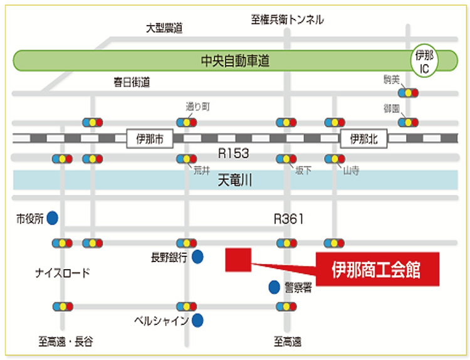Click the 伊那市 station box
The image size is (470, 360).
150,139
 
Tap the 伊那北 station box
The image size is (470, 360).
363,139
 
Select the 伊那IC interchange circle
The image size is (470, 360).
424,61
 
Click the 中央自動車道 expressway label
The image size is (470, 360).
235,61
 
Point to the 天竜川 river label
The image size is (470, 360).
235,180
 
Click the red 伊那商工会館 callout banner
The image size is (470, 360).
378,269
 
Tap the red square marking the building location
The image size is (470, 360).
238,260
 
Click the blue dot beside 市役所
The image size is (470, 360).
53,218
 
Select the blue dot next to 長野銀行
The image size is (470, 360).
197,257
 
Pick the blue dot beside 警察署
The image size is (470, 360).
274,287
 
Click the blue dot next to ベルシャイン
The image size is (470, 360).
197,320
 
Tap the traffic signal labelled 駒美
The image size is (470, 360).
408,93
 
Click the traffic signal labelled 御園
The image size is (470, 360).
408,122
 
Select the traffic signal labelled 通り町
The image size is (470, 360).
187,122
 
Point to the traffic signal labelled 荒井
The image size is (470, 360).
187,159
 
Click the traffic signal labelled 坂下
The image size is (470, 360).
286,159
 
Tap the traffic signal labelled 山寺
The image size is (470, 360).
335,159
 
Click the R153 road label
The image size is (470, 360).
234,153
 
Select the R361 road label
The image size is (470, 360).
289,219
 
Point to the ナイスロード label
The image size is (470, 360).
62,273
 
